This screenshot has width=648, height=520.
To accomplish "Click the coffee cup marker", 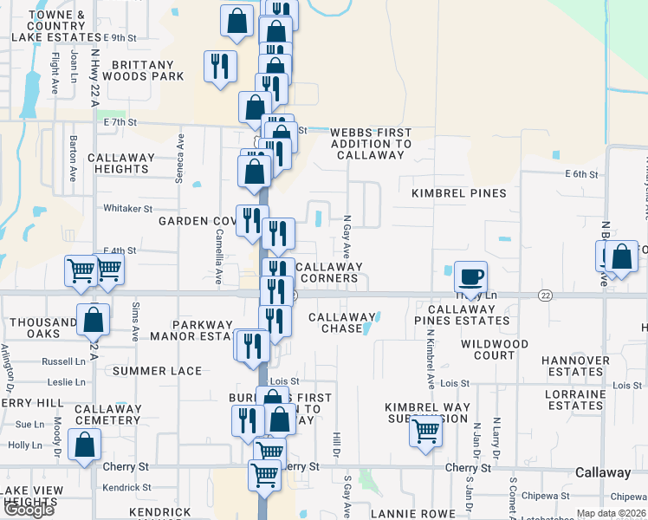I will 470,277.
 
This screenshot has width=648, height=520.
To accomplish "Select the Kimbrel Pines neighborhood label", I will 458,192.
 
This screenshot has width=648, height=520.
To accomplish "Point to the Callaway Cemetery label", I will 107,414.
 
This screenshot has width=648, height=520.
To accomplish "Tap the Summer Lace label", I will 157,371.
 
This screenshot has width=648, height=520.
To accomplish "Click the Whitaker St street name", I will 127,209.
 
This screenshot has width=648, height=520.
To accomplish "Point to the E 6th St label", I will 581,174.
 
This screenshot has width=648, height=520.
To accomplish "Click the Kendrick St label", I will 126,489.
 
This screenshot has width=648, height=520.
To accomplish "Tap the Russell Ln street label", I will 64,361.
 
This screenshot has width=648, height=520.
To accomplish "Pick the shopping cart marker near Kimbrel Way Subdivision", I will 425,430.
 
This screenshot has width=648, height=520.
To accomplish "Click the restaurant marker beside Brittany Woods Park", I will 220,66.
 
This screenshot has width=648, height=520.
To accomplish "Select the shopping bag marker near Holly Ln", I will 85,446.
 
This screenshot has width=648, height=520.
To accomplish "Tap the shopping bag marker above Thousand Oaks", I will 93,320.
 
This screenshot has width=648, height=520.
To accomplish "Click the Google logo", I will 29,510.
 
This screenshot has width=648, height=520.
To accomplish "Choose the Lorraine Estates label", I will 575,400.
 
